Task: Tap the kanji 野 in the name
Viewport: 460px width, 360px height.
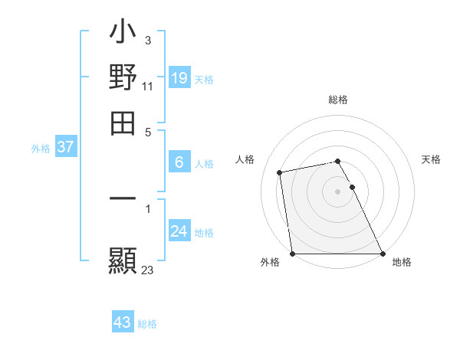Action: (123, 78)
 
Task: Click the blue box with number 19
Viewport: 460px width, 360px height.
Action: (179, 78)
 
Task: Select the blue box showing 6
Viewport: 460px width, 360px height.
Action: (179, 162)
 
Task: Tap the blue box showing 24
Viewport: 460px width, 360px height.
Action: (179, 231)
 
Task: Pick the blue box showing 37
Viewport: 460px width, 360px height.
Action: (65, 148)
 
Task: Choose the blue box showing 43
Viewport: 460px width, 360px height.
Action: (123, 322)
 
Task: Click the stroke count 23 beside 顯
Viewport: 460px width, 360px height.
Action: (148, 270)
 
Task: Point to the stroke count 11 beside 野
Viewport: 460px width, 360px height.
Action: (148, 87)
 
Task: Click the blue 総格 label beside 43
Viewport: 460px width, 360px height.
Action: (147, 324)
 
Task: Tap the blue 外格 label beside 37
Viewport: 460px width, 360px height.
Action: (41, 149)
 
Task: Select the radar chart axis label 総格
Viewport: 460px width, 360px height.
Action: (338, 100)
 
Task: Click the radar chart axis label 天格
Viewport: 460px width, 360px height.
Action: (431, 159)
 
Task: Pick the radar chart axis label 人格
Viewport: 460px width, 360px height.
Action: (245, 159)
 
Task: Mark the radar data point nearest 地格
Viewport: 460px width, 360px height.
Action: (383, 254)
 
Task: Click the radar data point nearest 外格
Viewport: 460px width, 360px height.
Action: (293, 254)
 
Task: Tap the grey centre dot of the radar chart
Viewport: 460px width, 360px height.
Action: (338, 191)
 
